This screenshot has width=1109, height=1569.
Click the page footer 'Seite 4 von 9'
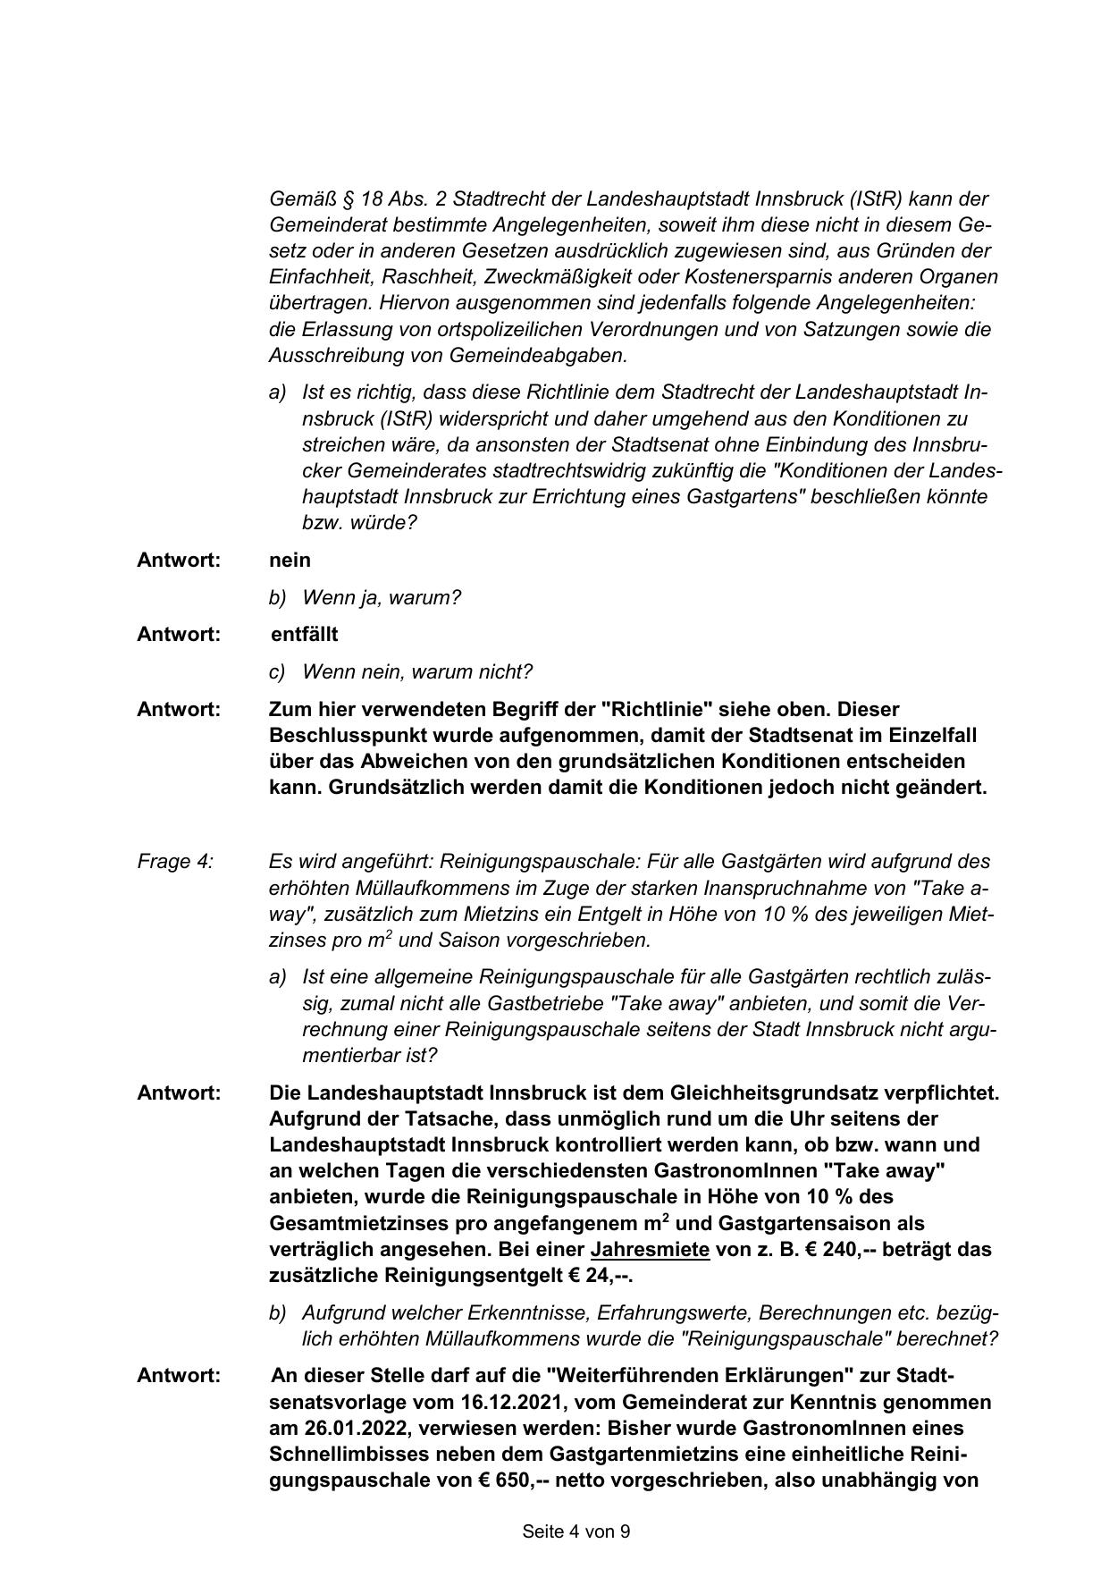click(576, 1531)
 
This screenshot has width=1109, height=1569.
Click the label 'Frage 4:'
click(175, 862)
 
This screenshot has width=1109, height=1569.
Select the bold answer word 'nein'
click(290, 561)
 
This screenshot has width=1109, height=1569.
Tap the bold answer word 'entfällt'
click(305, 635)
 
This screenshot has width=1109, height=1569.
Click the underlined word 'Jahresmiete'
click(650, 1250)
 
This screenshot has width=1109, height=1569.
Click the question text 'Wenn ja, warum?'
click(382, 598)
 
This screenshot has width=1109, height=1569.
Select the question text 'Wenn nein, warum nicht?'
click(417, 672)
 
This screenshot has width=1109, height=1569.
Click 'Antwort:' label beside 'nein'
click(179, 561)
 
